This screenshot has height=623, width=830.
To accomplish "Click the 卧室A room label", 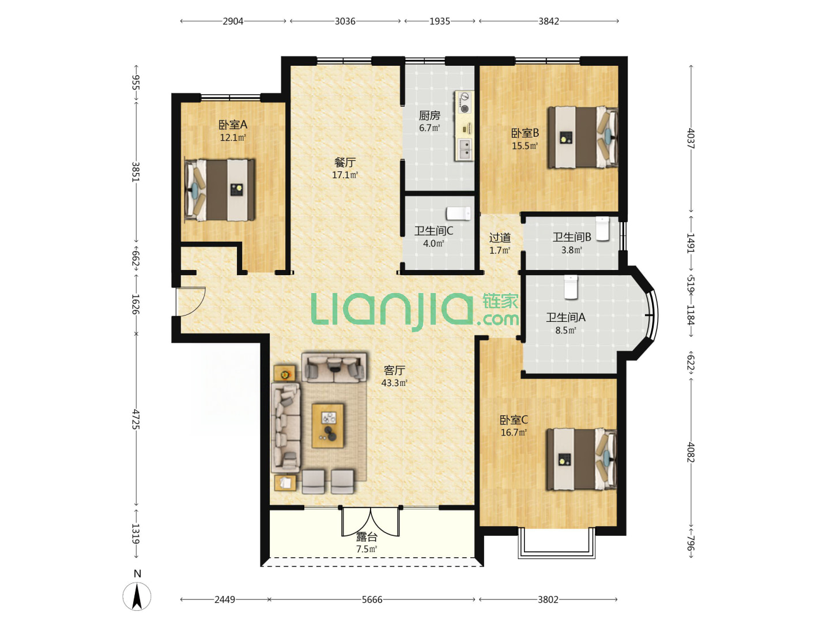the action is pos(232,125).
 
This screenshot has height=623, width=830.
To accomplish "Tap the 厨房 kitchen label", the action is pos(429,115).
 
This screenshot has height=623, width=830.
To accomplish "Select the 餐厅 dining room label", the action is pos(345,162).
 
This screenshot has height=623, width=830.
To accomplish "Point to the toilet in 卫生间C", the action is pos(458,213).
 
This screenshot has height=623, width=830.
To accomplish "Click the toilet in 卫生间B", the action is pos(602,228).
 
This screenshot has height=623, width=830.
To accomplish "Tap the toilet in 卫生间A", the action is pos(571,287).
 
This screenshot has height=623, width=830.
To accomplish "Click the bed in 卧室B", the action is pos(583,137).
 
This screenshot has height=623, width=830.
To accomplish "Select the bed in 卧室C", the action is pos(581,459).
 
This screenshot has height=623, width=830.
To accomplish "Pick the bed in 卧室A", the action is pos(220,190).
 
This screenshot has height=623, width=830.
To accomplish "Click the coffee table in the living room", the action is pos(328,426).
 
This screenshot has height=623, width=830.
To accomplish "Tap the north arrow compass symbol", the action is pos(137,596).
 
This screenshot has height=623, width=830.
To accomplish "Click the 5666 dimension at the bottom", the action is pos(372,599).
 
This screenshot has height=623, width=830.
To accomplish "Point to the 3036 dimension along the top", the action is pos(345,21).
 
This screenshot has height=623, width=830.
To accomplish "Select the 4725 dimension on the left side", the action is pos(136,419).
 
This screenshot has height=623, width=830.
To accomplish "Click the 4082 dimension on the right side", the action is pos(691,452).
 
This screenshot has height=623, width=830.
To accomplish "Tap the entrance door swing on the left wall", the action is pos(191,302).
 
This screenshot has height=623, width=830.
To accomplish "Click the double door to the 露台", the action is pos(371,521).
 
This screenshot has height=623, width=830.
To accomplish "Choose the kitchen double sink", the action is pos(465,149).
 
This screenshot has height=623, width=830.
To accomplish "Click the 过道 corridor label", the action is pos(500,238).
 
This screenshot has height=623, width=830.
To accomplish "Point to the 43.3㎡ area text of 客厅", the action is pos(394,383).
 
